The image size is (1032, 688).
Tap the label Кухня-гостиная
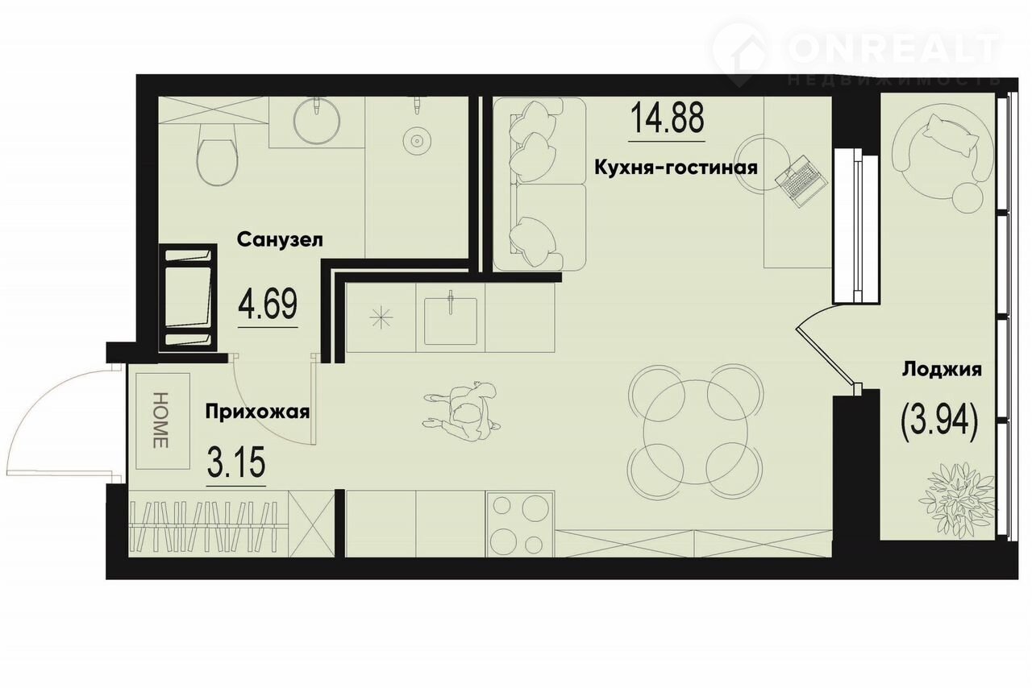pyautogui.click(x=676, y=168)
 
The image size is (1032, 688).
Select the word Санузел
pyautogui.click(x=280, y=240)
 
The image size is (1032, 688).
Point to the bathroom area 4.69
pyautogui.click(x=268, y=304)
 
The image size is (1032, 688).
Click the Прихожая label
pyautogui.click(x=257, y=412)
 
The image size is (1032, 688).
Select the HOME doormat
pyautogui.click(x=163, y=421)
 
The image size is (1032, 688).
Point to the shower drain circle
pyautogui.click(x=417, y=139)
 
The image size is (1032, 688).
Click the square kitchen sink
pyautogui.click(x=451, y=321)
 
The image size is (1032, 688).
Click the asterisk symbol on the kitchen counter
pyautogui.click(x=381, y=317)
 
